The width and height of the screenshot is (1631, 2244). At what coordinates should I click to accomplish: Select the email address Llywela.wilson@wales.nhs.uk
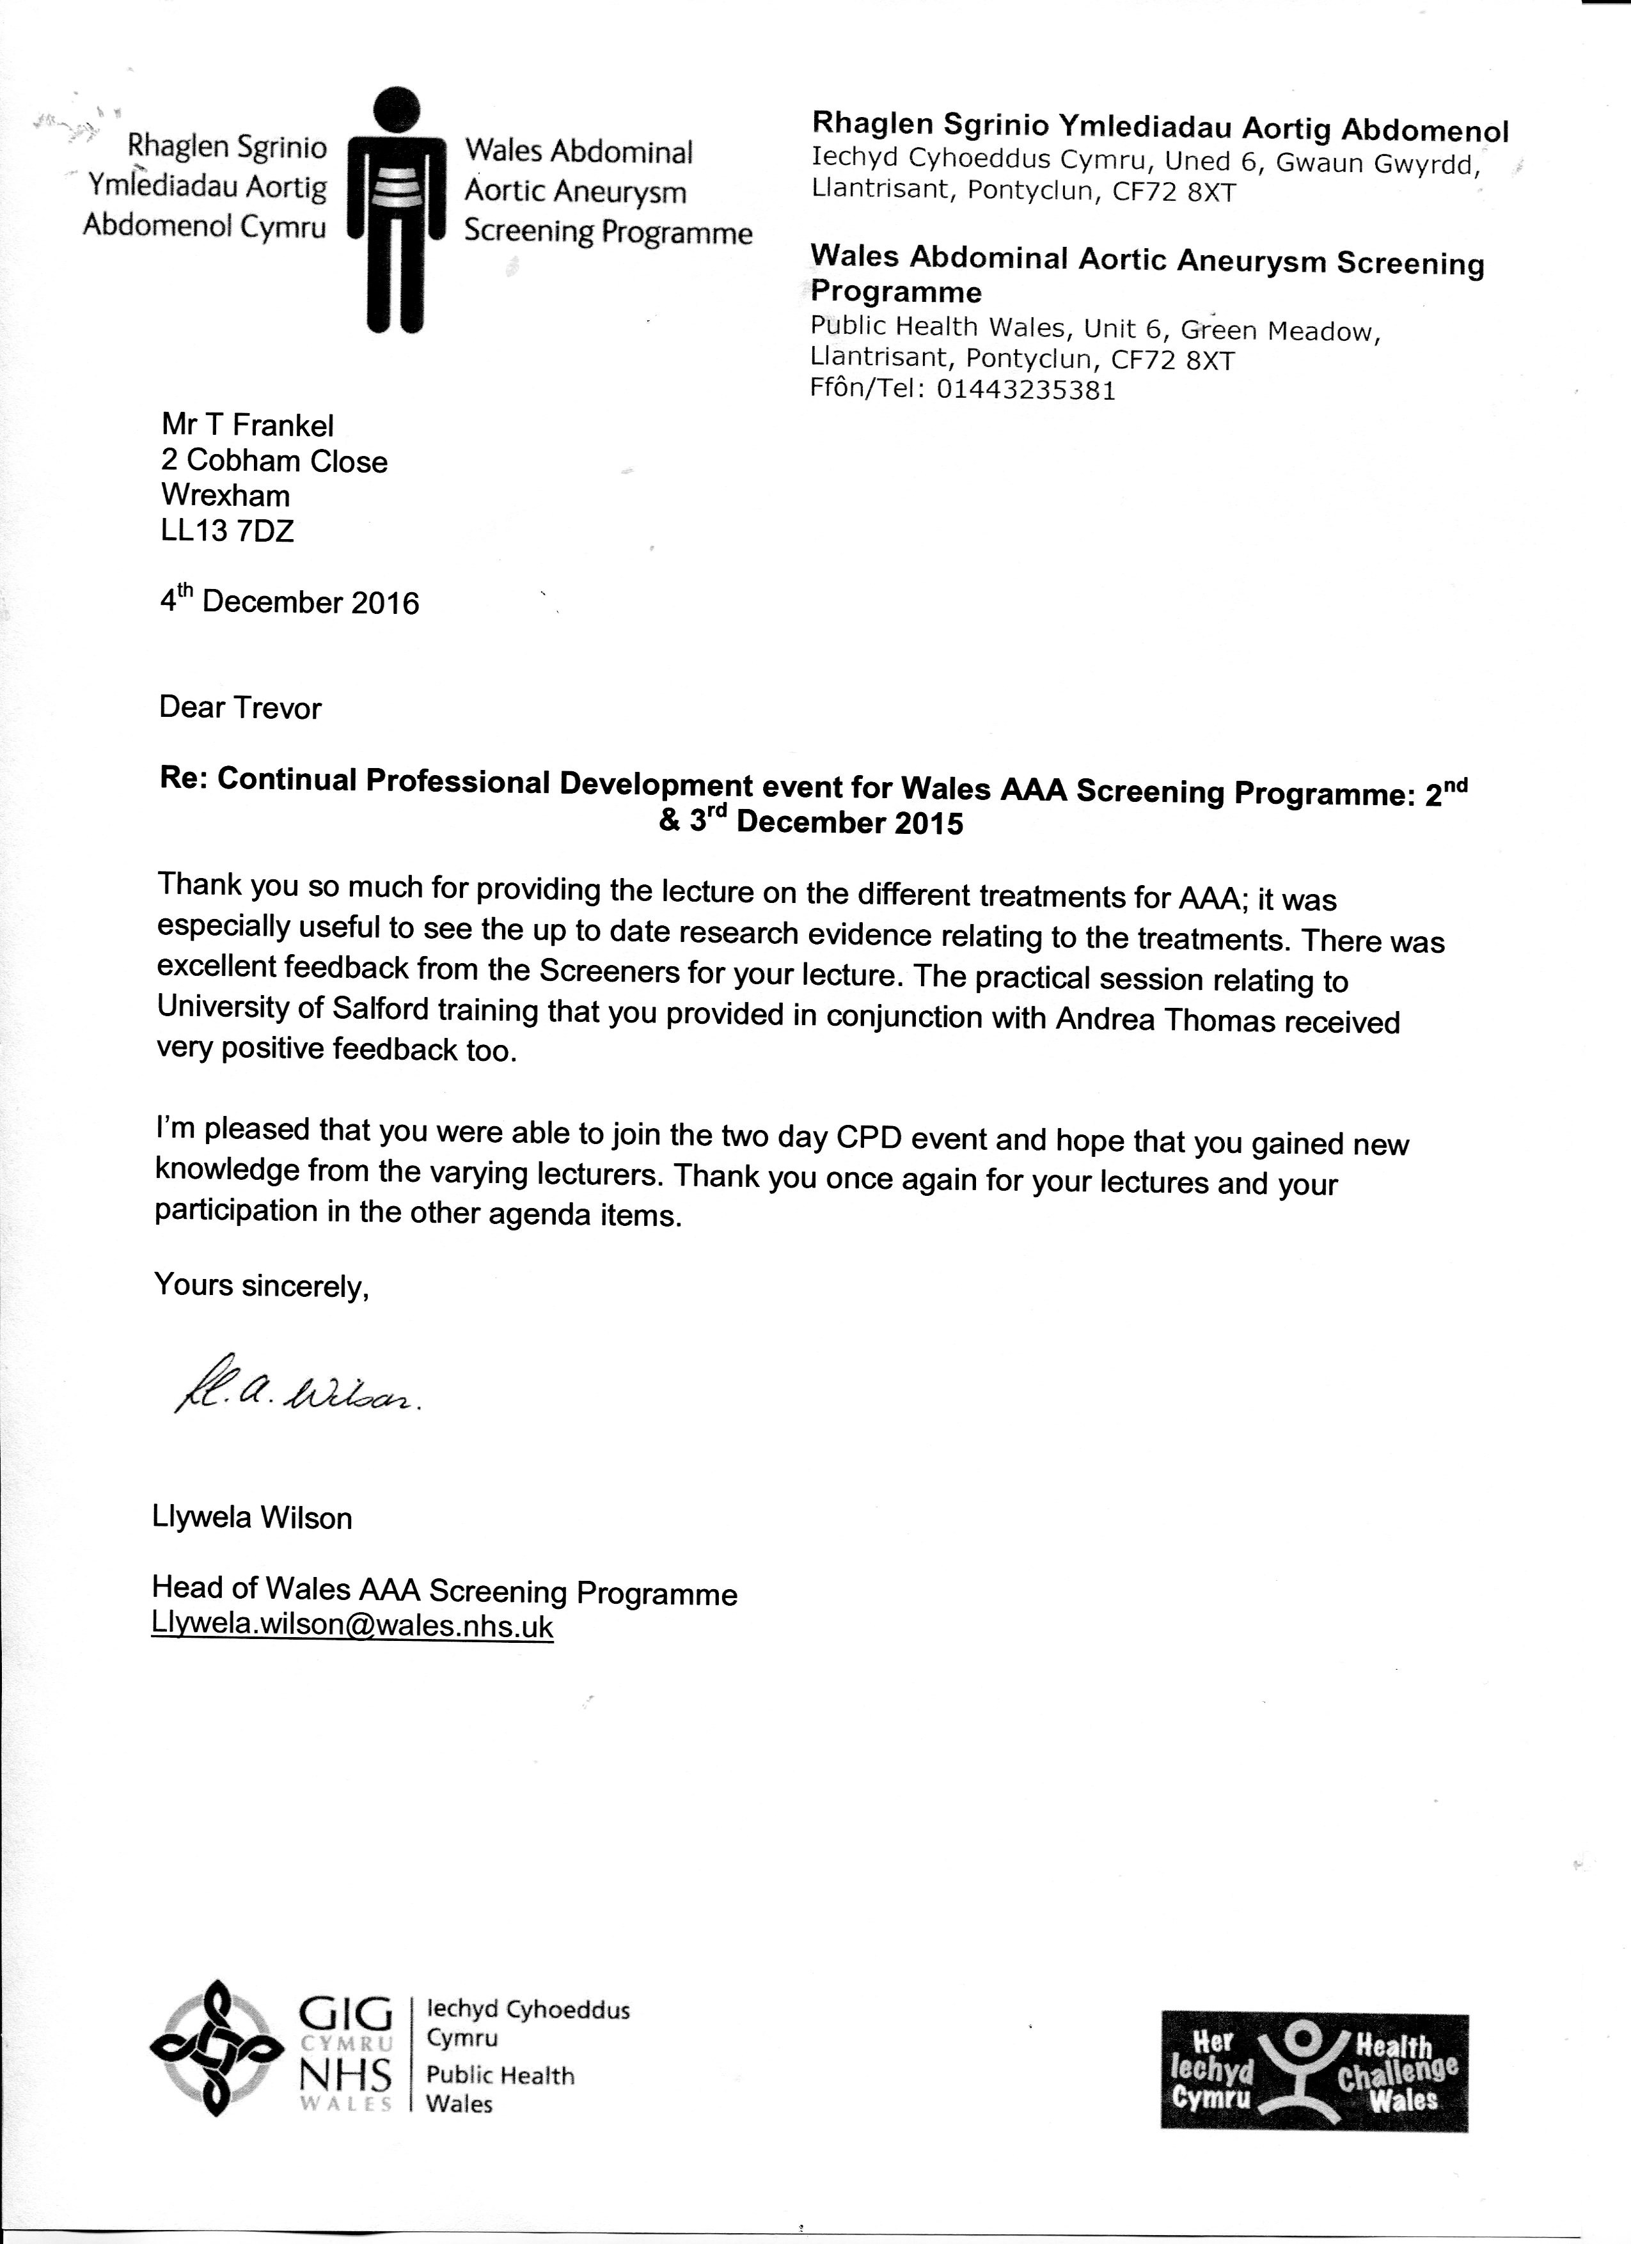[x=352, y=1627]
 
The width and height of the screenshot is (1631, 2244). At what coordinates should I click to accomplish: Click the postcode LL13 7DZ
[x=228, y=531]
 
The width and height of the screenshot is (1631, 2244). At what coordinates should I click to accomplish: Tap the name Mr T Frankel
[x=248, y=425]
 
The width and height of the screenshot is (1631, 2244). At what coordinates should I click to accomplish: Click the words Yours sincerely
[x=261, y=1286]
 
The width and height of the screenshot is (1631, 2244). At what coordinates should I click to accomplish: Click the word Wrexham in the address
[x=226, y=496]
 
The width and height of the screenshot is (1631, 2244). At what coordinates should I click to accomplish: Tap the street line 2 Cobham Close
[x=274, y=461]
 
